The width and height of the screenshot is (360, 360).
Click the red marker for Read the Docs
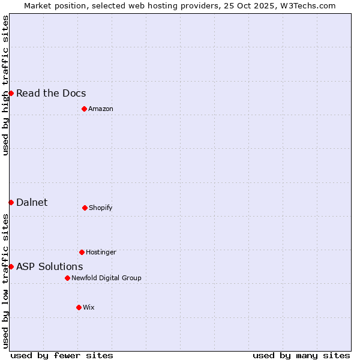(11, 93)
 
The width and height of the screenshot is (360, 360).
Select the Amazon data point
(84, 109)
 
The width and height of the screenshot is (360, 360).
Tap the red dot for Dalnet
(11, 202)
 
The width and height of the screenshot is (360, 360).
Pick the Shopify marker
(85, 208)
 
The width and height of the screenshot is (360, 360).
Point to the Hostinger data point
(82, 252)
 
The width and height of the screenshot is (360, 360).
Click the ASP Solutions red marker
(11, 266)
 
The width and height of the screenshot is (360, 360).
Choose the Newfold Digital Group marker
(67, 278)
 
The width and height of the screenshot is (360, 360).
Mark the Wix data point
(79, 307)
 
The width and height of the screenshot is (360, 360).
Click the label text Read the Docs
(51, 93)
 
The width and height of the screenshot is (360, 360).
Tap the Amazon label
(101, 109)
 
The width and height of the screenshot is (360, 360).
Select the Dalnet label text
(32, 202)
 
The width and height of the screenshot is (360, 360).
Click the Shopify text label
(101, 208)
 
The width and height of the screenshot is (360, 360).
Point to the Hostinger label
(101, 252)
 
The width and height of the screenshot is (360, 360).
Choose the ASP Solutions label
(50, 266)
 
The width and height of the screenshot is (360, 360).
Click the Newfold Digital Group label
(106, 278)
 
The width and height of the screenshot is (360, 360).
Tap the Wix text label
(89, 307)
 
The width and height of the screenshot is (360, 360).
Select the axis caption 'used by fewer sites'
(62, 355)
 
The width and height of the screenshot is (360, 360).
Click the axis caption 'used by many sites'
(301, 355)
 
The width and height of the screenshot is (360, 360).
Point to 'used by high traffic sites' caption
(5, 85)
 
